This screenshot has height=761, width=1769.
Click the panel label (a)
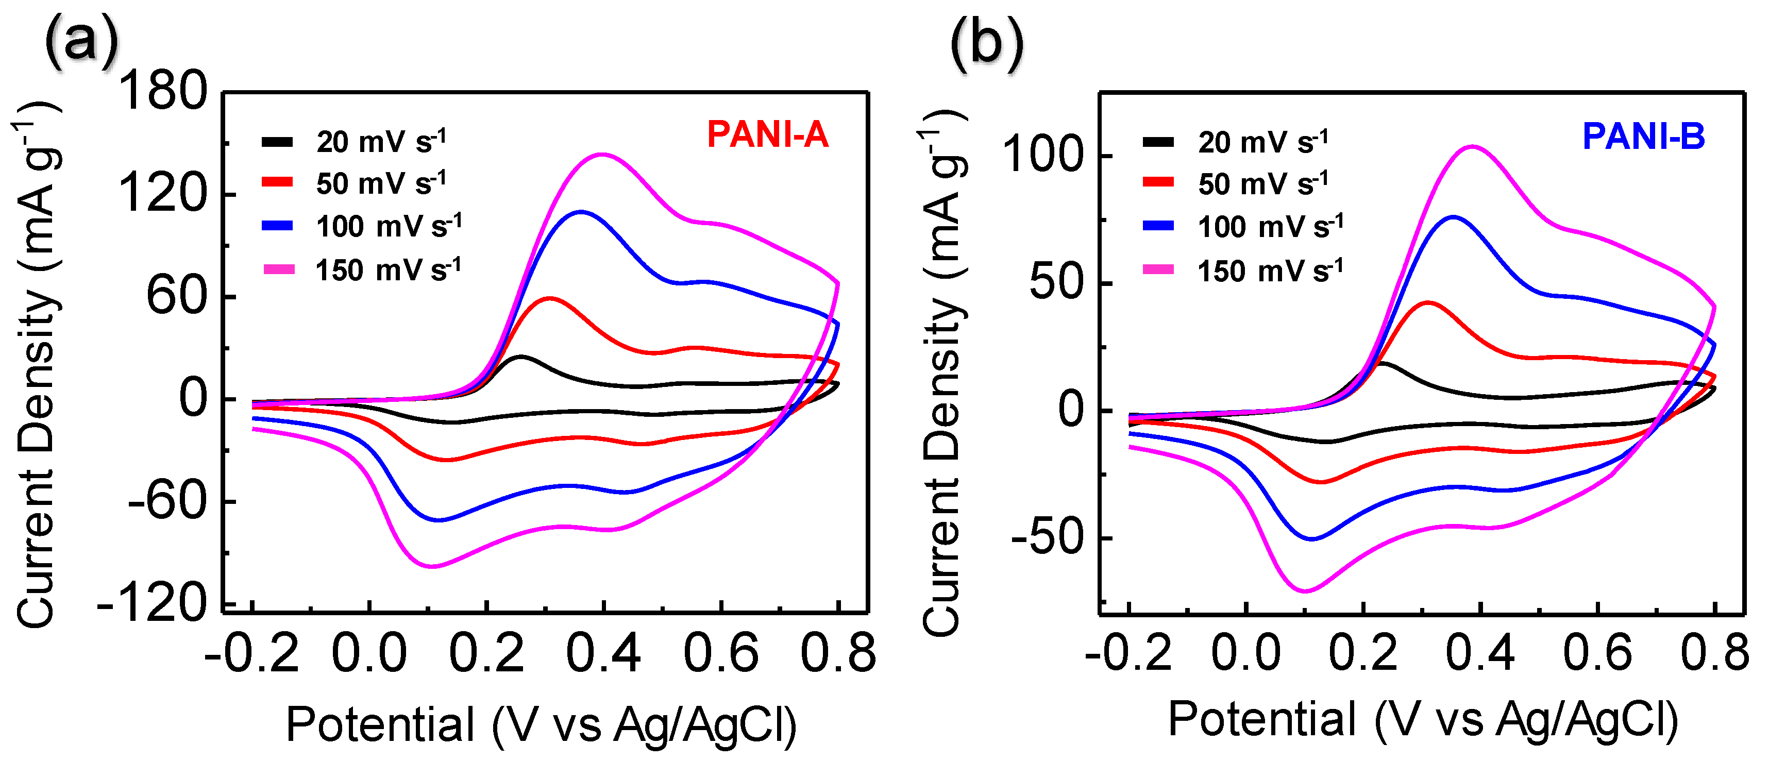pos(81,43)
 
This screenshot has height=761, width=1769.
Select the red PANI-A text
pos(768,134)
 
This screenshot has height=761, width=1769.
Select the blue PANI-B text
pos(1643,137)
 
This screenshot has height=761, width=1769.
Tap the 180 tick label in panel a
pos(163,91)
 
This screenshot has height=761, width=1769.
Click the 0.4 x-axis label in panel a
pos(603,654)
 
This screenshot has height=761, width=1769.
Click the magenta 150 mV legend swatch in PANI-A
pos(279,270)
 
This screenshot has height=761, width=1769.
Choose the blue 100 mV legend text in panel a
pos(389,226)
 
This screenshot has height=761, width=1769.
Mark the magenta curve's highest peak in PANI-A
pos(602,155)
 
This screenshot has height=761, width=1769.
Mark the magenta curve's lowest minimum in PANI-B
pos(1305,590)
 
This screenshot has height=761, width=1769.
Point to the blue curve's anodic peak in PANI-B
pos(1453,217)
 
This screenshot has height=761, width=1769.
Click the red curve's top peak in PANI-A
pos(549,299)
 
